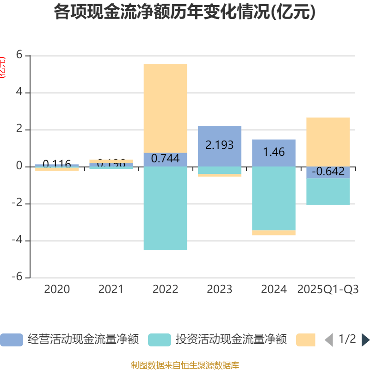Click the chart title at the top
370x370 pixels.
pyautogui.click(x=185, y=12)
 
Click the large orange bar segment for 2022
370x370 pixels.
pyautogui.click(x=165, y=108)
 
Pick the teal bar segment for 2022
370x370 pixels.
pyautogui.click(x=165, y=208)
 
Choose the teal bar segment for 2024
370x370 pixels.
pyautogui.click(x=274, y=198)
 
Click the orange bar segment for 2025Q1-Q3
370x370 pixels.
pyautogui.click(x=328, y=142)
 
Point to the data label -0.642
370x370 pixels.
pyautogui.click(x=328, y=172)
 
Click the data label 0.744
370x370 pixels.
pyautogui.click(x=165, y=159)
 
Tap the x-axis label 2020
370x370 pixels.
pyautogui.click(x=57, y=290)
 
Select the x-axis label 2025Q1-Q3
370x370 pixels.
pyautogui.click(x=328, y=290)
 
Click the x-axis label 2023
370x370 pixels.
pyautogui.click(x=219, y=290)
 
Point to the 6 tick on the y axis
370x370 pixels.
pyautogui.click(x=19, y=55)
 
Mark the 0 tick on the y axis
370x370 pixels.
pyautogui.click(x=19, y=166)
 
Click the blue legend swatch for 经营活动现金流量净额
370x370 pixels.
pyautogui.click(x=11, y=340)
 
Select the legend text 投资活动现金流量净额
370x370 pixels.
pyautogui.click(x=231, y=340)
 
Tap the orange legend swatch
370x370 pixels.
pyautogui.click(x=306, y=340)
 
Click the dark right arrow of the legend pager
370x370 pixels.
pyautogui.click(x=365, y=340)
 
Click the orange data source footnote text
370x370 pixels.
pyautogui.click(x=185, y=365)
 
